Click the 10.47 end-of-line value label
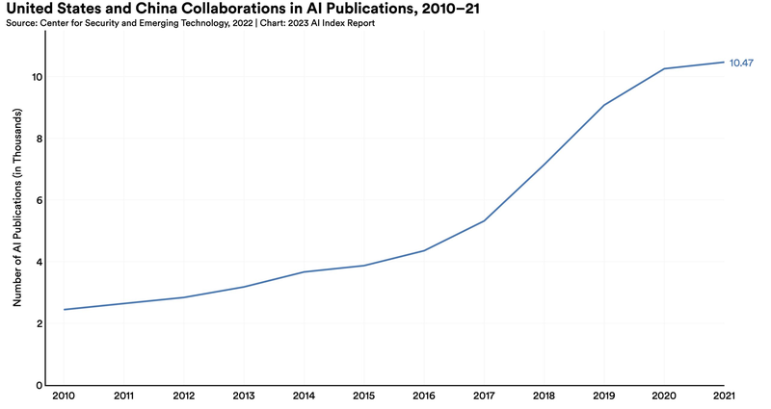coord(741,63)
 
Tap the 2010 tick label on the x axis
coord(64,396)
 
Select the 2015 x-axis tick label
coord(363,396)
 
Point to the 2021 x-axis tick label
coord(724,396)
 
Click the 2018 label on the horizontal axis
coord(544,396)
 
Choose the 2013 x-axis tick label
coord(244,396)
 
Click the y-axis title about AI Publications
coord(17,209)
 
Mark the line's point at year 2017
coord(484,220)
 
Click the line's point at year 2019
coord(604,105)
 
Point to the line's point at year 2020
coord(664,68)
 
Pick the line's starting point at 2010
coord(64,309)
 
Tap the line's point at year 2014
coord(304,271)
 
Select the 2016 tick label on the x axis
coord(424,396)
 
